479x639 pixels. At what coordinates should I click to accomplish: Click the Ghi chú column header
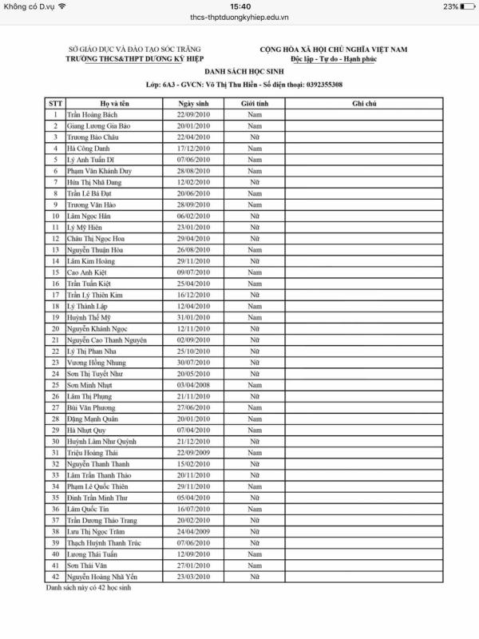(x=363, y=104)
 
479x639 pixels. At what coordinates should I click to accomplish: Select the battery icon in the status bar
(x=469, y=6)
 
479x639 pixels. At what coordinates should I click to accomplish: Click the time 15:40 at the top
(x=239, y=6)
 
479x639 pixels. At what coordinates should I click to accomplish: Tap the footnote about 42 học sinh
(x=87, y=588)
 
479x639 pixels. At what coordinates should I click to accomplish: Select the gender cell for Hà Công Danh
(x=254, y=149)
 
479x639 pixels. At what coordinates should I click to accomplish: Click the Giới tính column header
(x=254, y=104)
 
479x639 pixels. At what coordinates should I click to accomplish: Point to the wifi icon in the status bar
(x=62, y=6)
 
